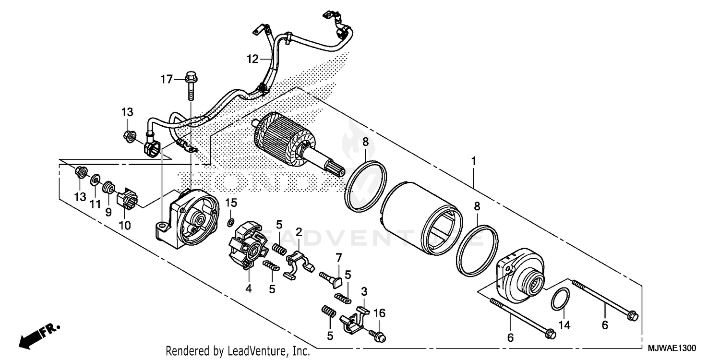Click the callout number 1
point(473,162)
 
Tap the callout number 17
point(166,79)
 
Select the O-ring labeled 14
point(560,300)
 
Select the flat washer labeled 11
point(95,180)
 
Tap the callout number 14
point(565,325)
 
